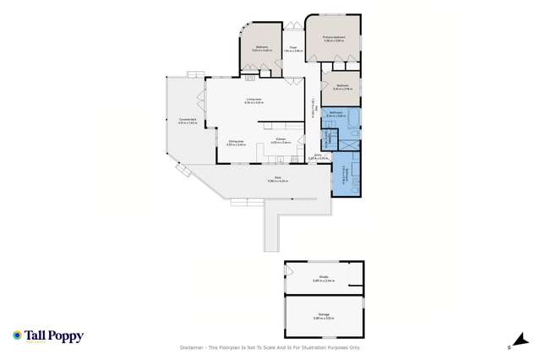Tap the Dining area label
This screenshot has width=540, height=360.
tap(236, 142)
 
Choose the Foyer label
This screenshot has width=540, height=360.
tap(292, 48)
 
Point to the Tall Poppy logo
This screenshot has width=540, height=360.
tap(48, 336)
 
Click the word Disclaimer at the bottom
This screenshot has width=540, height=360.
tap(194, 347)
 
